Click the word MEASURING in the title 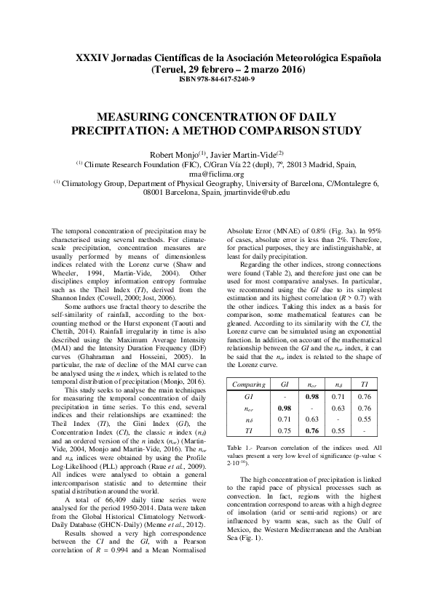pos(138,117)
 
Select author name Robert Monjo pos(173,154)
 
